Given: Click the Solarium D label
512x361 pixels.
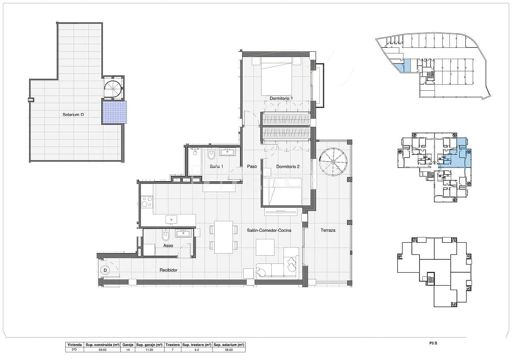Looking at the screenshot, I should [73, 115].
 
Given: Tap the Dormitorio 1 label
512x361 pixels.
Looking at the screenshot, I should [281, 98].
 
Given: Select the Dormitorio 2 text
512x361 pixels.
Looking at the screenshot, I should [288, 167].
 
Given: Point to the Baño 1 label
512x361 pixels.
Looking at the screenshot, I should [216, 167].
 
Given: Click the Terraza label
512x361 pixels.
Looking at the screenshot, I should [328, 230].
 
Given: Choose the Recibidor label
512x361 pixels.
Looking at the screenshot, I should [168, 270].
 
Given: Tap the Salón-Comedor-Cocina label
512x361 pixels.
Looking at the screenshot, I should [269, 230].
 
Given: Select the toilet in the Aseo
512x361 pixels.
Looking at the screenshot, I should [165, 235].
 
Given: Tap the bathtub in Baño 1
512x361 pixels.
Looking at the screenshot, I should [195, 162].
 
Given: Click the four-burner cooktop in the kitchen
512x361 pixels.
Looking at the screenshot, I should [146, 202].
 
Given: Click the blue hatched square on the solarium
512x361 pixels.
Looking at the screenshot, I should [114, 112].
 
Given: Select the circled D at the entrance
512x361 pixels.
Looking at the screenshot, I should [105, 270].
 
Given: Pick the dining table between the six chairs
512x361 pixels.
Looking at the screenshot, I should [223, 237].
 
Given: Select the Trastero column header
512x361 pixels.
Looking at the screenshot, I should [173, 344].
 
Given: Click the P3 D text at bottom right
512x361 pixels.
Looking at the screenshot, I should [433, 344].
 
